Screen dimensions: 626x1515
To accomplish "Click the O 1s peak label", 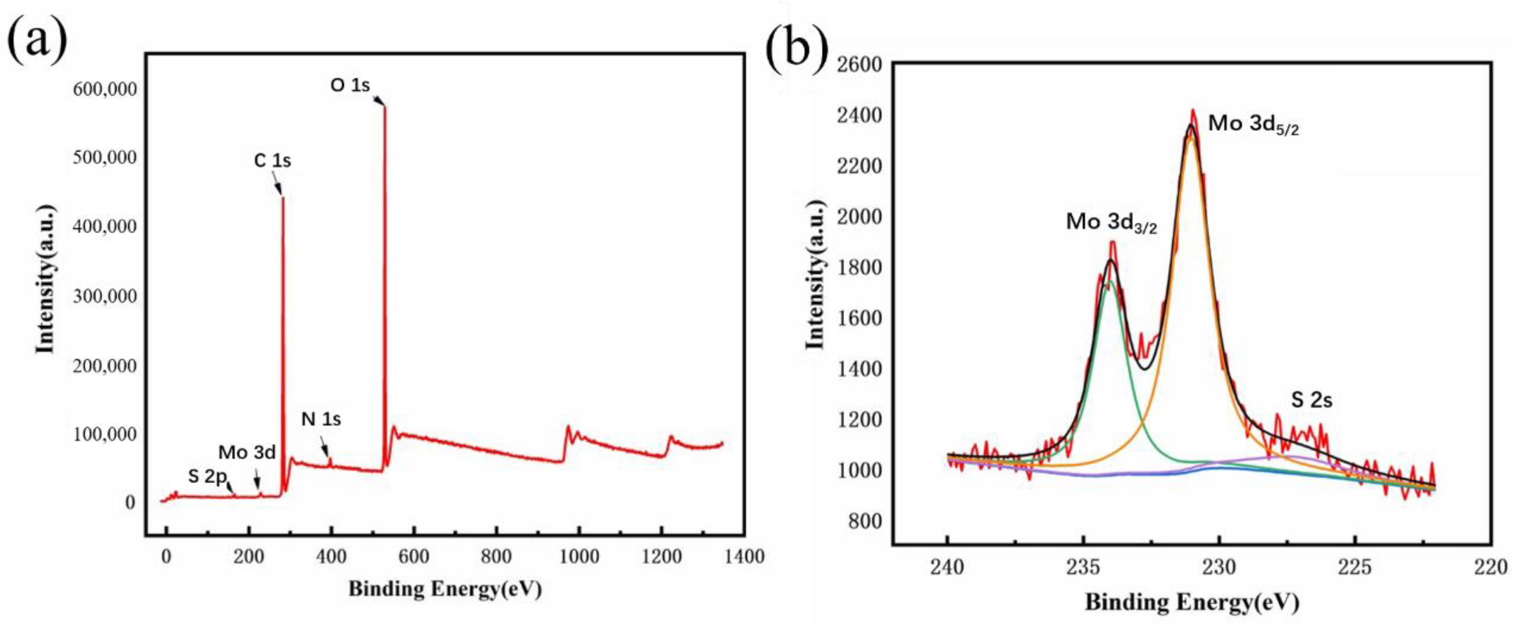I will tap(350, 86).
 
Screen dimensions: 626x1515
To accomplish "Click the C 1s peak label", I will tap(272, 161).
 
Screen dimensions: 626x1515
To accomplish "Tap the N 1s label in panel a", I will tap(321, 420).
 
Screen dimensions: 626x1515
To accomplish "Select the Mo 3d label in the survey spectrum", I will tap(247, 453).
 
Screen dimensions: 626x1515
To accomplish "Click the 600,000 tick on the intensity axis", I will tap(105, 90).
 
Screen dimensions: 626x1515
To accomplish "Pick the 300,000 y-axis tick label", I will tap(105, 296).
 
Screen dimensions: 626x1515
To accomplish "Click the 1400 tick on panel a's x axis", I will tap(744, 556).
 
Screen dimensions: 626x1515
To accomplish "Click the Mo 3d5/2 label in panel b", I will tap(1253, 125).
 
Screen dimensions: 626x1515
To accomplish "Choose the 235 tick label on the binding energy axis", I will tap(1083, 567).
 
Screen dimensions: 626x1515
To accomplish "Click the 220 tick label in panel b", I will tap(1491, 567).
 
